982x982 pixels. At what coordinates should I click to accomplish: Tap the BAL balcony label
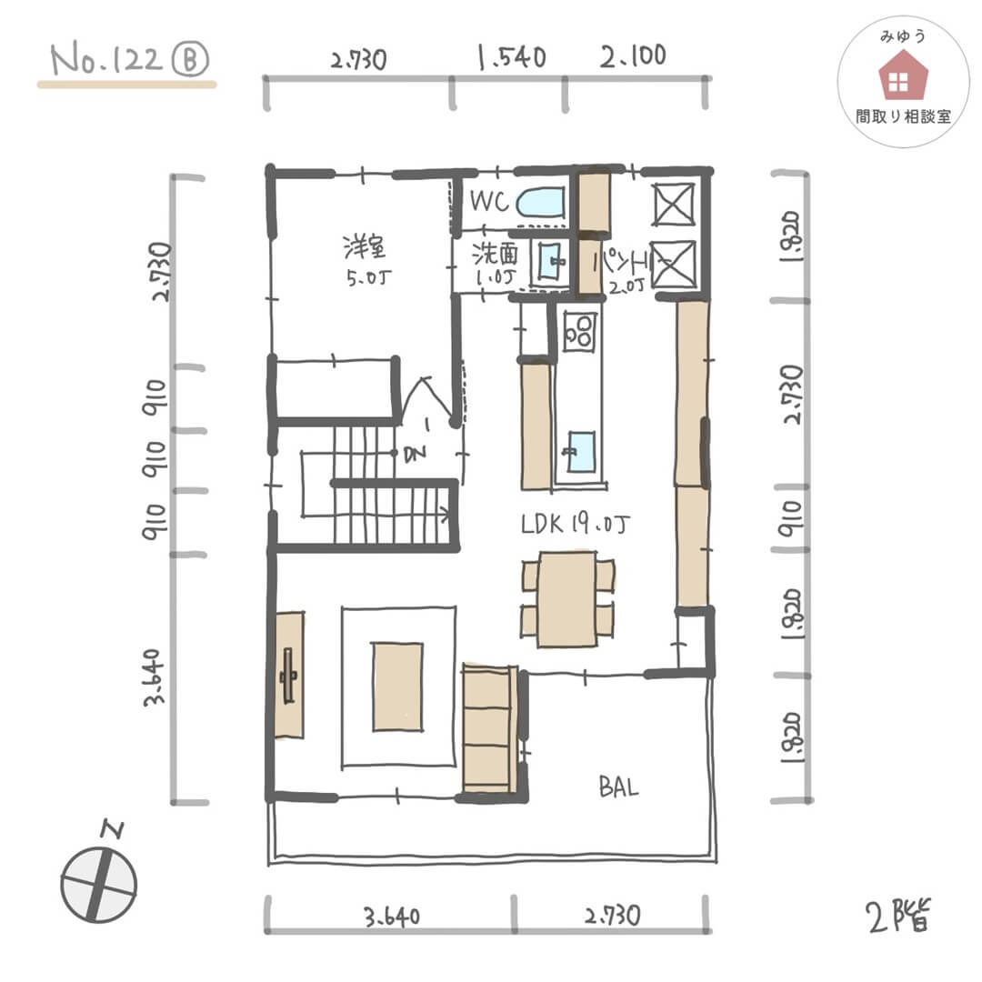[618, 787]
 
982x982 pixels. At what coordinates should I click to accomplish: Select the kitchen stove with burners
[579, 331]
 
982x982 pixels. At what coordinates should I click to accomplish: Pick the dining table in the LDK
[566, 600]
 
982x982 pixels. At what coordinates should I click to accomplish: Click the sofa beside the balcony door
[489, 729]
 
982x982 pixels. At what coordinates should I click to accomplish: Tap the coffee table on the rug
[397, 686]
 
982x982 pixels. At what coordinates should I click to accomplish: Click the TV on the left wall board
[290, 676]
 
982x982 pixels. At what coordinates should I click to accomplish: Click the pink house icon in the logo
[904, 76]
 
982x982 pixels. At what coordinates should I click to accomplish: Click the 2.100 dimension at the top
[632, 56]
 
